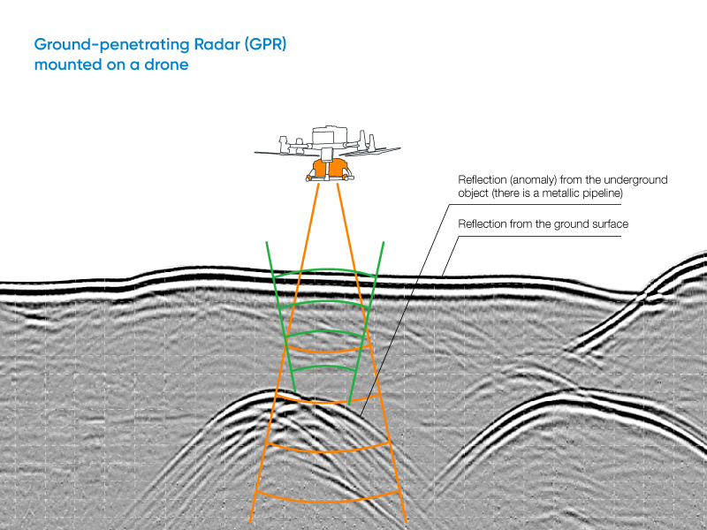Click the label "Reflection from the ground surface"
click(543, 224)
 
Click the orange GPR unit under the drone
click(326, 168)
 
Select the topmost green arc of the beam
click(326, 272)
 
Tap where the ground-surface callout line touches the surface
click(442, 276)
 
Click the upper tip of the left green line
click(268, 242)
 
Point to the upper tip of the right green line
click(384, 242)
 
